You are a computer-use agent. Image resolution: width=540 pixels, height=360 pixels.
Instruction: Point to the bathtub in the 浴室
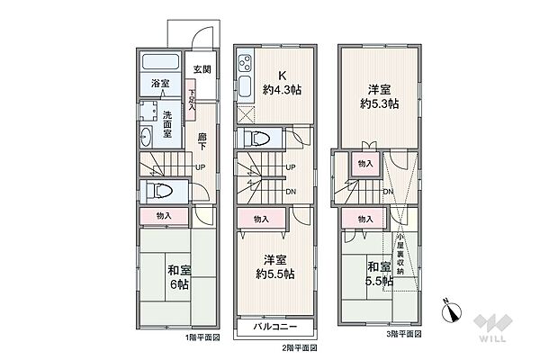[x=162, y=67]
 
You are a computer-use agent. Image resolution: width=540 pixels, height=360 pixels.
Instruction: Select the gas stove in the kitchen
[x=245, y=65]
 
